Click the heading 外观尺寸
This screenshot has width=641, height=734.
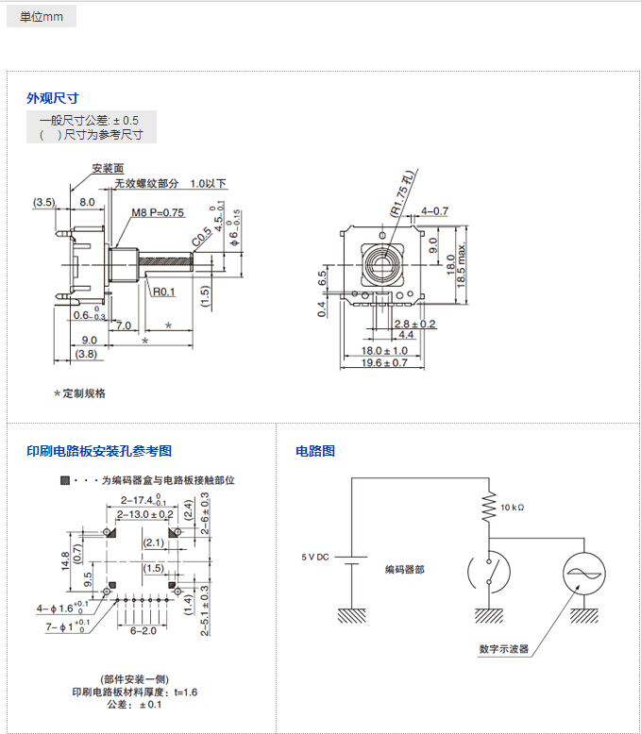52,97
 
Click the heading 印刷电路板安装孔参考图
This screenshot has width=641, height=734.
99,451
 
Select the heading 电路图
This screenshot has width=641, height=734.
315,451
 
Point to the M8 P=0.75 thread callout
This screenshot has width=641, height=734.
158,212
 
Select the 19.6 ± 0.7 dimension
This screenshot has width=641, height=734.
384,362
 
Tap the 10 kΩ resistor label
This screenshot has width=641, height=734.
513,508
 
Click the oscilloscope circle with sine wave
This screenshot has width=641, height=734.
583,574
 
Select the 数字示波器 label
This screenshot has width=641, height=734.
504,649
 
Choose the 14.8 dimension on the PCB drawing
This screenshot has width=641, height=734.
65,561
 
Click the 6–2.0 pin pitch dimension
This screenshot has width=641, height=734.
143,630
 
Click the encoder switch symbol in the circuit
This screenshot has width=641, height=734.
489,573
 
